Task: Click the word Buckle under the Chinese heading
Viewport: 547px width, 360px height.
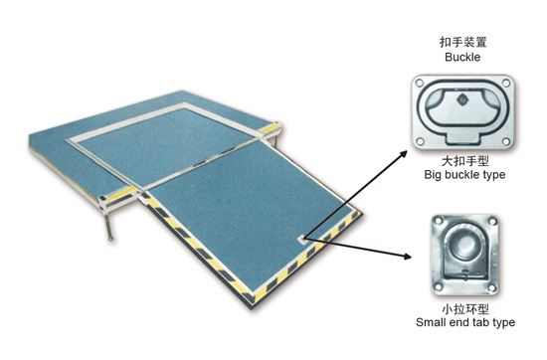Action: point(462,57)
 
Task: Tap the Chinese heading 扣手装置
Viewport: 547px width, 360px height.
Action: point(462,42)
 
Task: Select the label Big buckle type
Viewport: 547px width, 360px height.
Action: point(464,174)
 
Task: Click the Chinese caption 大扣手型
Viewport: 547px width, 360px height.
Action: point(465,161)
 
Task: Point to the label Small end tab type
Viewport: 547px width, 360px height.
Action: point(465,322)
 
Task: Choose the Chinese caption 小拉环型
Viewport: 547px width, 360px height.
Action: point(465,308)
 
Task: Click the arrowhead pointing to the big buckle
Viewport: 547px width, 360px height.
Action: point(403,154)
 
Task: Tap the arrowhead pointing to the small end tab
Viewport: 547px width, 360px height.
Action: point(407,257)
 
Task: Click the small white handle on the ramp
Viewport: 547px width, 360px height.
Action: point(301,240)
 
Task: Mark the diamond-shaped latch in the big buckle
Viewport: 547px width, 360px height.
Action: point(462,99)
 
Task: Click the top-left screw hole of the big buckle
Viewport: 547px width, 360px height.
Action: point(420,84)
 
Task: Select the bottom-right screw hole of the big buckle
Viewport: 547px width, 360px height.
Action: point(506,141)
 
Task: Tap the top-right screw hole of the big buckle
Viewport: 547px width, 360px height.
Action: point(506,83)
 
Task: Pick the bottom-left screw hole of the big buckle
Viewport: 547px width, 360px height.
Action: point(421,141)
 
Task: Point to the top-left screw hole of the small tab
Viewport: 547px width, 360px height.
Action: point(439,221)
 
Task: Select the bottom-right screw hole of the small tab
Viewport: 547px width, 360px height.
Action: point(492,287)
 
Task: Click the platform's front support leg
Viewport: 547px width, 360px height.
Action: point(108,227)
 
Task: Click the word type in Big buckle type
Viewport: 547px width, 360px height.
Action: point(493,175)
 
